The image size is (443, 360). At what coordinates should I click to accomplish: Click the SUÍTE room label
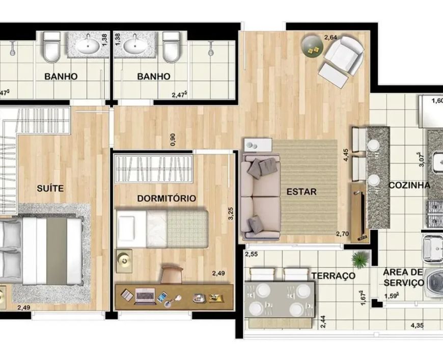[x=50, y=188]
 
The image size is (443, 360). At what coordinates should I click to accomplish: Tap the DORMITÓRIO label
[x=167, y=198]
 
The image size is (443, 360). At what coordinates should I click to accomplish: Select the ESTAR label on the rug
[x=301, y=191]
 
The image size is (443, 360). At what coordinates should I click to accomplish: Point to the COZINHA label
[x=410, y=185]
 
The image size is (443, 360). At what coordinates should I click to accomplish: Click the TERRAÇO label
[x=333, y=275]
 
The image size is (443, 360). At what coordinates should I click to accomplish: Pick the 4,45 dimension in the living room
[x=346, y=155]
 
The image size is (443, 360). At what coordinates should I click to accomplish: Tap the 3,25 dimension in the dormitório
[x=231, y=213]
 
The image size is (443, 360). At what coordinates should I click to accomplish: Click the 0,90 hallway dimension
[x=173, y=140]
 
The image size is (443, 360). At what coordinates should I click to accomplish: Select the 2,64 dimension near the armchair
[x=330, y=37]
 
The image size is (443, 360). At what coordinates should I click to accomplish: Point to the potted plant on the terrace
[x=359, y=259]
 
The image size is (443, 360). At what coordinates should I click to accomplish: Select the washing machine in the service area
[x=434, y=282]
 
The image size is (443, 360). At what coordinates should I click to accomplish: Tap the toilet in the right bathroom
[x=172, y=46]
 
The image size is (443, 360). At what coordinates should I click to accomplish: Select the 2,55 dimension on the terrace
[x=251, y=254]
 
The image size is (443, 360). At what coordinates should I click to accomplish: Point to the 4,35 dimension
[x=417, y=325]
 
